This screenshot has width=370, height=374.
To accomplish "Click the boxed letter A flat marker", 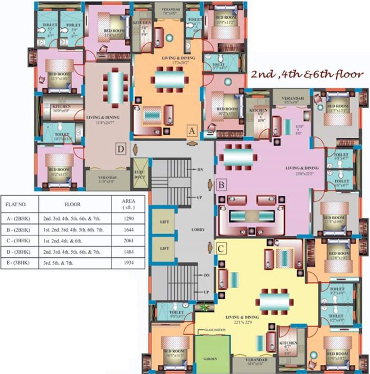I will [192, 131].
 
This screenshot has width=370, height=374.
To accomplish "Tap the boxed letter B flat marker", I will [221, 185].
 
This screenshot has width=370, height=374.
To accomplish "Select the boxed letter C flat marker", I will [221, 249].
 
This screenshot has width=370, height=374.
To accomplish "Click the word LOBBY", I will [197, 229].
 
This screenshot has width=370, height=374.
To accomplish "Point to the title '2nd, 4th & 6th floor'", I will [307, 75].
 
